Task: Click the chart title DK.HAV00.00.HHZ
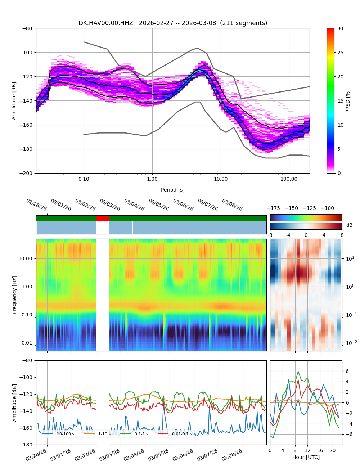pyautogui.click(x=106, y=23)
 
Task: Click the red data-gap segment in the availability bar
pyautogui.click(x=103, y=218)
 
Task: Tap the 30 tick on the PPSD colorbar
pyautogui.click(x=340, y=28)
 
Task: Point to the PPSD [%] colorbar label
pyautogui.click(x=348, y=101)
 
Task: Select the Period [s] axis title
pyautogui.click(x=172, y=190)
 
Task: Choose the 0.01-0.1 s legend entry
pyautogui.click(x=182, y=434)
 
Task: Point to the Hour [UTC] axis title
pyautogui.click(x=306, y=457)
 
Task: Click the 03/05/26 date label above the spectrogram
pyautogui.click(x=158, y=205)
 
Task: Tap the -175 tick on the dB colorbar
pyautogui.click(x=275, y=208)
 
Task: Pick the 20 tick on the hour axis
pyautogui.click(x=332, y=450)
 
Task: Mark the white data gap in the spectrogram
pyautogui.click(x=103, y=295)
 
